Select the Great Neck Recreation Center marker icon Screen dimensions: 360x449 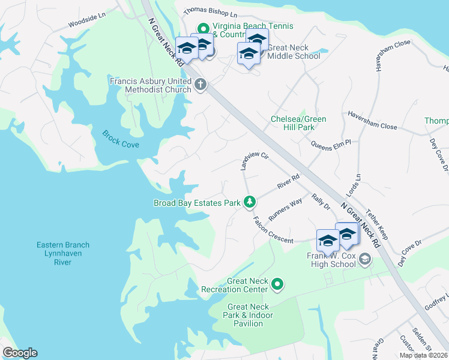(277, 284)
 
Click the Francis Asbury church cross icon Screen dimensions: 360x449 (200, 86)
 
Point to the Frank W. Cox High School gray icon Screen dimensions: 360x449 (364, 259)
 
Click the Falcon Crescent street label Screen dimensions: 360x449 (273, 231)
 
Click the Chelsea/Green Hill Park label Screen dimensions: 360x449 (299, 123)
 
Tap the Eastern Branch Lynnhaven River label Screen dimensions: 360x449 (62, 253)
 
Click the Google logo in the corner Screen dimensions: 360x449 (20, 353)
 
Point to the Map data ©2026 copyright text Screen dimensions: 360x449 (423, 355)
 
